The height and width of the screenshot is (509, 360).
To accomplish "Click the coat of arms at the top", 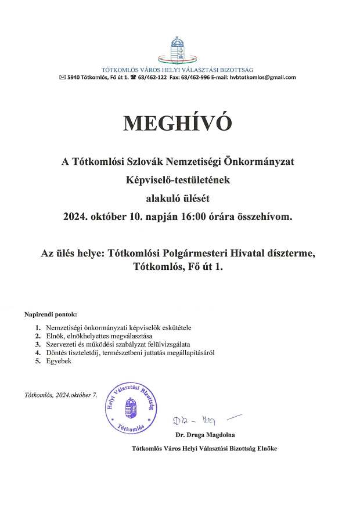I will [179, 50].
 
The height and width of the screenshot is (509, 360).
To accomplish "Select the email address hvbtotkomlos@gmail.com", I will [262, 77].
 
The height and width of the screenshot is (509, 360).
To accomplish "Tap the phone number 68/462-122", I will [153, 77].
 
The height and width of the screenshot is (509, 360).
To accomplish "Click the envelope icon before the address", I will [63, 77].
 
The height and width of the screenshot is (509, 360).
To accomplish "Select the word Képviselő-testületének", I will [179, 181].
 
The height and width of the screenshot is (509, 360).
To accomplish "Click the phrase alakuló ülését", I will [179, 199].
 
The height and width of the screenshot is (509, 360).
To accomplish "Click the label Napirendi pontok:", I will [51, 314].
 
